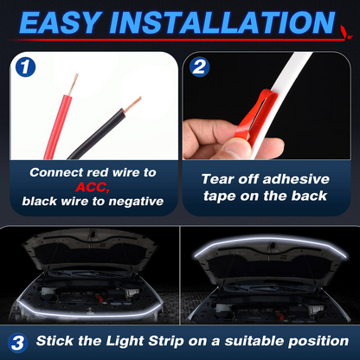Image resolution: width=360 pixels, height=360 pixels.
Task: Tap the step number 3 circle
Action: pos(19,342)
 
